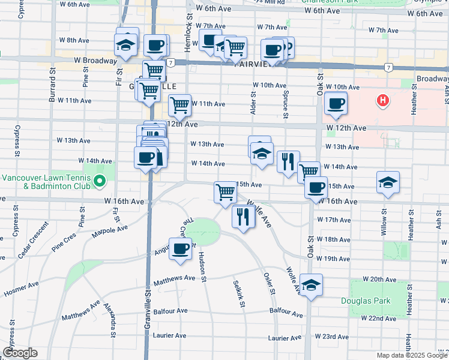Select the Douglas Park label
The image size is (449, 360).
(366, 301)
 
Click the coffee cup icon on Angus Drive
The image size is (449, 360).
(179, 248)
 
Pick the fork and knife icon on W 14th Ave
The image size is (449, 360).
(289, 160)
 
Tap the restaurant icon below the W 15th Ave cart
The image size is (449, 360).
(243, 216)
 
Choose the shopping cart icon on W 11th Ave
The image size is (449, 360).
(179, 105)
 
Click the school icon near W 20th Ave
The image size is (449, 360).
(311, 285)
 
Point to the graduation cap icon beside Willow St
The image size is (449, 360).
(388, 182)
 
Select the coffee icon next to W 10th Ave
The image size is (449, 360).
(336, 103)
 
